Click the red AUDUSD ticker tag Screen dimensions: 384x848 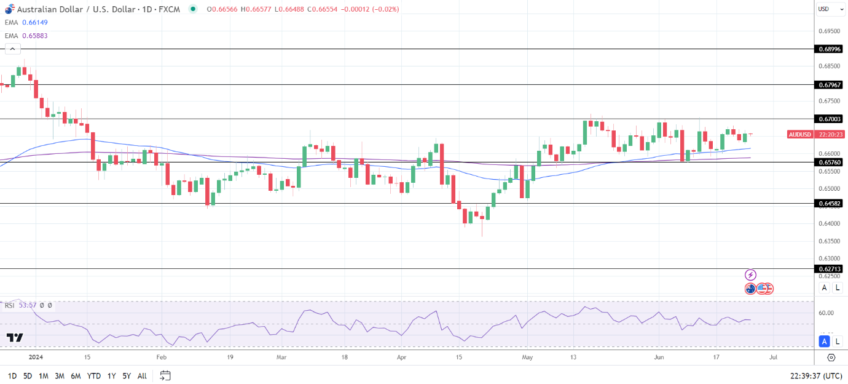click(x=799, y=134)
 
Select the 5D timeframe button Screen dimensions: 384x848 click(x=28, y=375)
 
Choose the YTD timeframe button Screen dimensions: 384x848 click(x=93, y=375)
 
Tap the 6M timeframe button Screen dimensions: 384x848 click(x=76, y=375)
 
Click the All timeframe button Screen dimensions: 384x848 click(x=142, y=375)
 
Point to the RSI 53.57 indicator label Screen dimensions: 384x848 click(x=20, y=305)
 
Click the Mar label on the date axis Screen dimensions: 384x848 click(x=281, y=357)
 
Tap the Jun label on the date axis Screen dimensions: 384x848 click(x=659, y=357)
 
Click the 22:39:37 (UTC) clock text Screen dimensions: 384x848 click(x=815, y=375)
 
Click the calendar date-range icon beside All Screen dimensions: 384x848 click(x=165, y=375)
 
